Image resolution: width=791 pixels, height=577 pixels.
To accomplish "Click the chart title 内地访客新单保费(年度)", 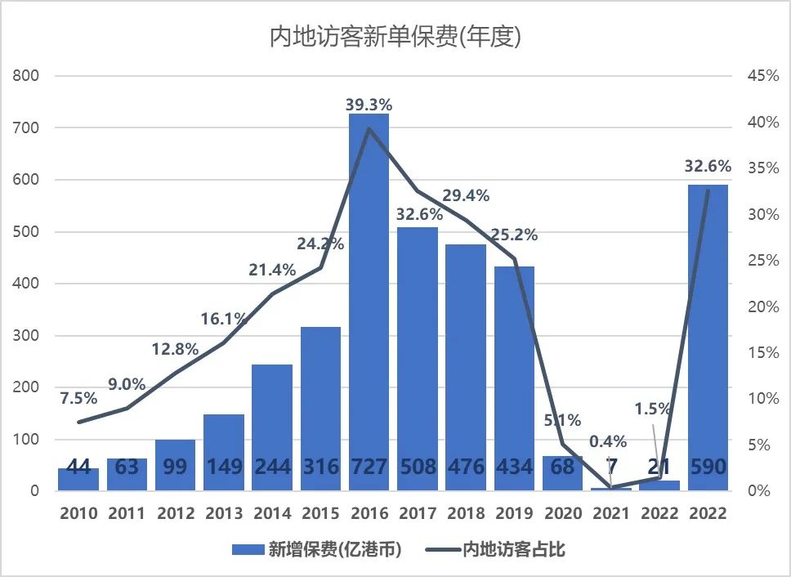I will pos(395,37).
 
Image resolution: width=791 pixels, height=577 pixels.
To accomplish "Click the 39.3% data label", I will pos(369,105).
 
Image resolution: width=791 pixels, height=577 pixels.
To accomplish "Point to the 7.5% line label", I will pos(78,398).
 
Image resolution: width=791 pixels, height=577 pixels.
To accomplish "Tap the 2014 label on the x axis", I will pos(272,513).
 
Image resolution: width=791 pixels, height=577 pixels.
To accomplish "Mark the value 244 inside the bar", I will pos(272,467).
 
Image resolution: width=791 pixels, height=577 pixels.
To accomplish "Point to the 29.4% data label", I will pos(466,195).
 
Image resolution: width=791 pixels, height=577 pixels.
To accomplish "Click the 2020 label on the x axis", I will pos(563,513).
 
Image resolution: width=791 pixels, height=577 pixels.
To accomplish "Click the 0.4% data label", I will pos(608,442).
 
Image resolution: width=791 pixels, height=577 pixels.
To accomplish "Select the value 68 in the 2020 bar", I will pos(563,467).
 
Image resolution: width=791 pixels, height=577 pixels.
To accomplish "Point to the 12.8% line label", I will pos(175,349).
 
